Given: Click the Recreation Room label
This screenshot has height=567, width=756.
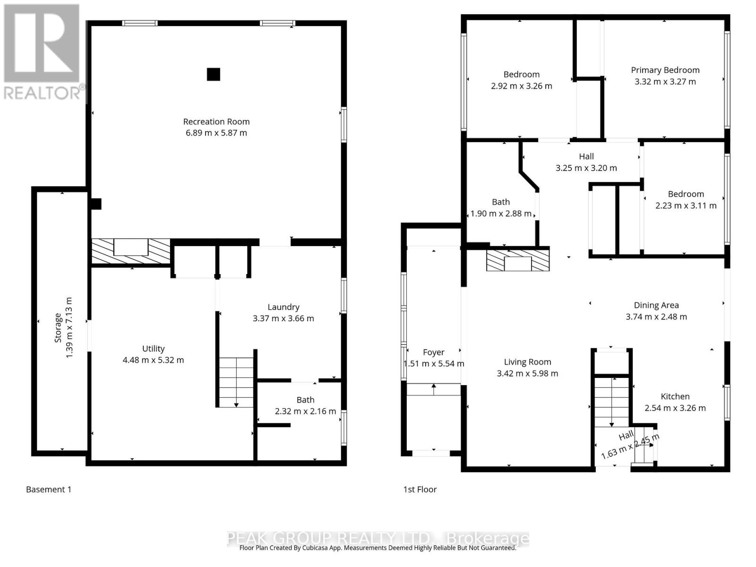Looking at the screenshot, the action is pos(216,121).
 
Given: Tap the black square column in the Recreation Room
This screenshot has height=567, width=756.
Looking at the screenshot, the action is pos(214,74).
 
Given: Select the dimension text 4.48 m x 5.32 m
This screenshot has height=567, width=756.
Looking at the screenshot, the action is pos(153,360).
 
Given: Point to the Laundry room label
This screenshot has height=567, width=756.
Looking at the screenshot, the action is pos(283,307).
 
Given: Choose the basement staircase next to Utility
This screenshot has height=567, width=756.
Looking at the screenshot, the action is pos(236,382).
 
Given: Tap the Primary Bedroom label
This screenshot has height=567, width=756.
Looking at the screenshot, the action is pos(665,70).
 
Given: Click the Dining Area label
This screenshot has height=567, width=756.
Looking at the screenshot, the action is pos(656,305).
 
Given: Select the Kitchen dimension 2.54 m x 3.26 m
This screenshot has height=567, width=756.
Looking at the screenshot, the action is pos(675,408).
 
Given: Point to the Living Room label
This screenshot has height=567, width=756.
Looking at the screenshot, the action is pos(527,362).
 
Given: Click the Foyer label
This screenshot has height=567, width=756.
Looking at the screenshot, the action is pos(433,352).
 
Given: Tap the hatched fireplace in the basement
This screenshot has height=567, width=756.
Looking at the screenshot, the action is pos(130,251).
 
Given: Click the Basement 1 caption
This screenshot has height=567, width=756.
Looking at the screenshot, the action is pos(49,490).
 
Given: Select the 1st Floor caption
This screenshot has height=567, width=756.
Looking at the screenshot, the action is pos(420,490).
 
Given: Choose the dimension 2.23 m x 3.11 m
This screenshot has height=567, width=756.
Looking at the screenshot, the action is pos(686,206).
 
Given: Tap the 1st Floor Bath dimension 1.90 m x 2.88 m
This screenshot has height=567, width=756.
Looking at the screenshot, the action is pos(501,214).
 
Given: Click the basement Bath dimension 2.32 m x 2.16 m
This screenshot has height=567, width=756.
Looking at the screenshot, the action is pos(305,411).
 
